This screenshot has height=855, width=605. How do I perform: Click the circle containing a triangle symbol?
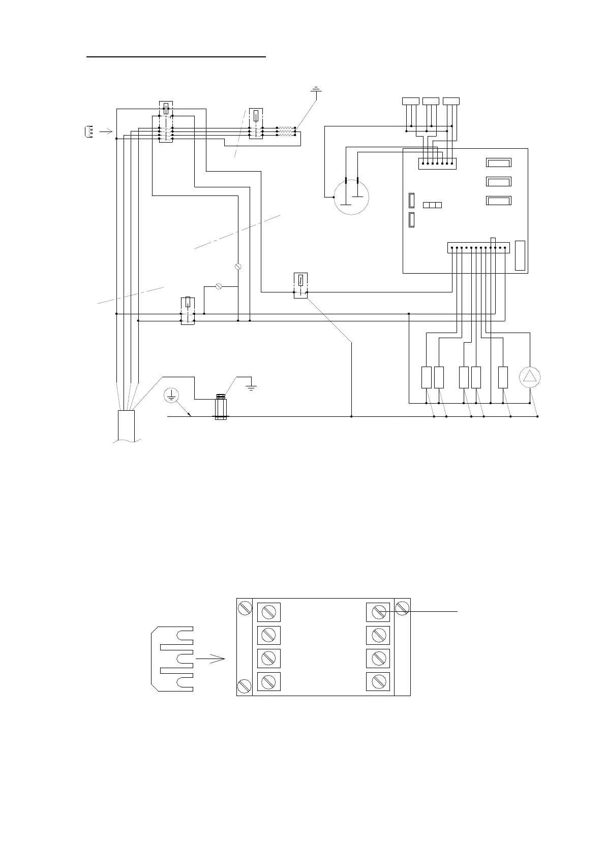click(530, 377)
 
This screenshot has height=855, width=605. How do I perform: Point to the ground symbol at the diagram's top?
click(316, 90)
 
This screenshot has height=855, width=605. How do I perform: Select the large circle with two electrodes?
click(351, 198)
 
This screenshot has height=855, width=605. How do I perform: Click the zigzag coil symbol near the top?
click(286, 131)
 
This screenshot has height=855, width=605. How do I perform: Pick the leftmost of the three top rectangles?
click(411, 101)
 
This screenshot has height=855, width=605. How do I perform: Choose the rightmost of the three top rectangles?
click(451, 101)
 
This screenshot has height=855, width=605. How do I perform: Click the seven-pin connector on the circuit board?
click(437, 163)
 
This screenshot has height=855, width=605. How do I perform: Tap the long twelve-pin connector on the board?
click(478, 248)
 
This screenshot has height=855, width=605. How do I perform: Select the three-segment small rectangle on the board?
click(432, 205)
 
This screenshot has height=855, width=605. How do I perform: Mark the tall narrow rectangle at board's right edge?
click(520, 255)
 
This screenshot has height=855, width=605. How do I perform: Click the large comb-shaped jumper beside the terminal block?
click(173, 659)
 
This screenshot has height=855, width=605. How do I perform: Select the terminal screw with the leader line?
click(378, 612)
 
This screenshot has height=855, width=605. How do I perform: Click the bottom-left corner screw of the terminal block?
click(244, 686)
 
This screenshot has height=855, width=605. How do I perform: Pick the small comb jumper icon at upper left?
click(88, 132)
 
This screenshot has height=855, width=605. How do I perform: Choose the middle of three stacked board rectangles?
click(499, 182)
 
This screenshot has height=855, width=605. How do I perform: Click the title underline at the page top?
click(176, 57)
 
